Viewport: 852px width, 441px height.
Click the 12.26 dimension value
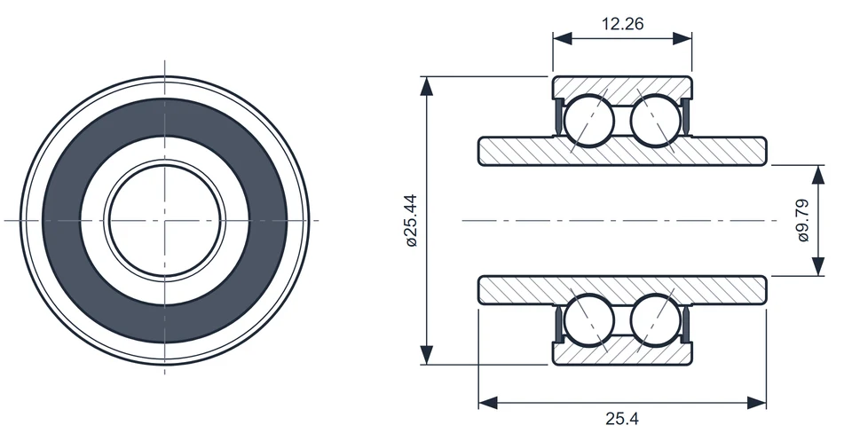(622, 24)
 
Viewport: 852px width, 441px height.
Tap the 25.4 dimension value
(622, 419)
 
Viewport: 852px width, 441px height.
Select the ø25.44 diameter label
(411, 220)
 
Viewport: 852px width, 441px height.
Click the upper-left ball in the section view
(589, 121)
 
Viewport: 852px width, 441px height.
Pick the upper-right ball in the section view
(656, 121)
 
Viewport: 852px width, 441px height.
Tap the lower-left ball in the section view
(589, 320)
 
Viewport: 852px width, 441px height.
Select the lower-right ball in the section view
(656, 320)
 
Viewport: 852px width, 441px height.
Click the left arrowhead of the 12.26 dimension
(563, 38)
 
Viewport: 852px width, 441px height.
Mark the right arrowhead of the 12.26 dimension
(682, 38)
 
